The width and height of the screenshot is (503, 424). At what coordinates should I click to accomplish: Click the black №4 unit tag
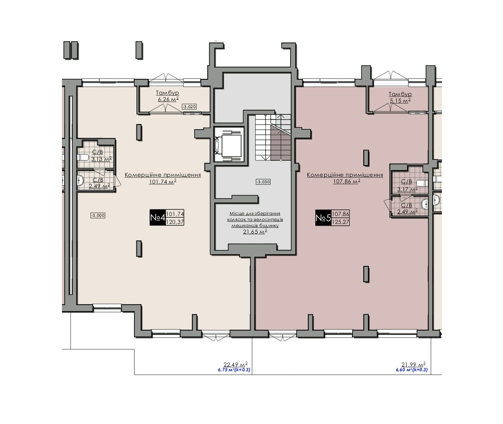(x=157, y=217)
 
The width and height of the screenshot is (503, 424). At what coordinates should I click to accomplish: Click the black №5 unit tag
(x=323, y=218)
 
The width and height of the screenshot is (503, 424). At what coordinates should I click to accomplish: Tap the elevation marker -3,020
(x=189, y=107)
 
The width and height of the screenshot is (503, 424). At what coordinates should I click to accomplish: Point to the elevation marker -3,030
(x=263, y=182)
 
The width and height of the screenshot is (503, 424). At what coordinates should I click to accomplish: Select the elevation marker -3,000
(x=98, y=215)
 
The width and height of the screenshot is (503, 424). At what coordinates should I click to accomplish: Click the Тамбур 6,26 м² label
(x=168, y=96)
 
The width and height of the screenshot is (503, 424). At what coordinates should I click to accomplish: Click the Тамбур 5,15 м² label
(x=400, y=97)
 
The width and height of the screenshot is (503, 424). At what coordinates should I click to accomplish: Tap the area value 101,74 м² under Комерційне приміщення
(x=163, y=182)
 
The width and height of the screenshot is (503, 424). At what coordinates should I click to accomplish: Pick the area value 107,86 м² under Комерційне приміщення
(x=347, y=181)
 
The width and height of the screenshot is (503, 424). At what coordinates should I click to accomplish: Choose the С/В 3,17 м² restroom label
(x=407, y=186)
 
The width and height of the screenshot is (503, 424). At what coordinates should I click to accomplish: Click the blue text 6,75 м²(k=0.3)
(x=234, y=370)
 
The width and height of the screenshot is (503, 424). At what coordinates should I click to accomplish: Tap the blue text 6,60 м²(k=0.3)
(x=412, y=370)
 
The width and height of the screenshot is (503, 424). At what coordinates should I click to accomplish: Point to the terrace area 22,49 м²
(x=236, y=364)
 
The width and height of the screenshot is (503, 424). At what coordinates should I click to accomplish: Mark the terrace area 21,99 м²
(x=414, y=364)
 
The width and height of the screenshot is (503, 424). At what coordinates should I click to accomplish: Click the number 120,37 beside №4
(x=175, y=222)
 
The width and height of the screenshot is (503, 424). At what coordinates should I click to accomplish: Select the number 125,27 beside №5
(x=340, y=222)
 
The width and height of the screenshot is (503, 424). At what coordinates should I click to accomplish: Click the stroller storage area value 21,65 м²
(x=255, y=232)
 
